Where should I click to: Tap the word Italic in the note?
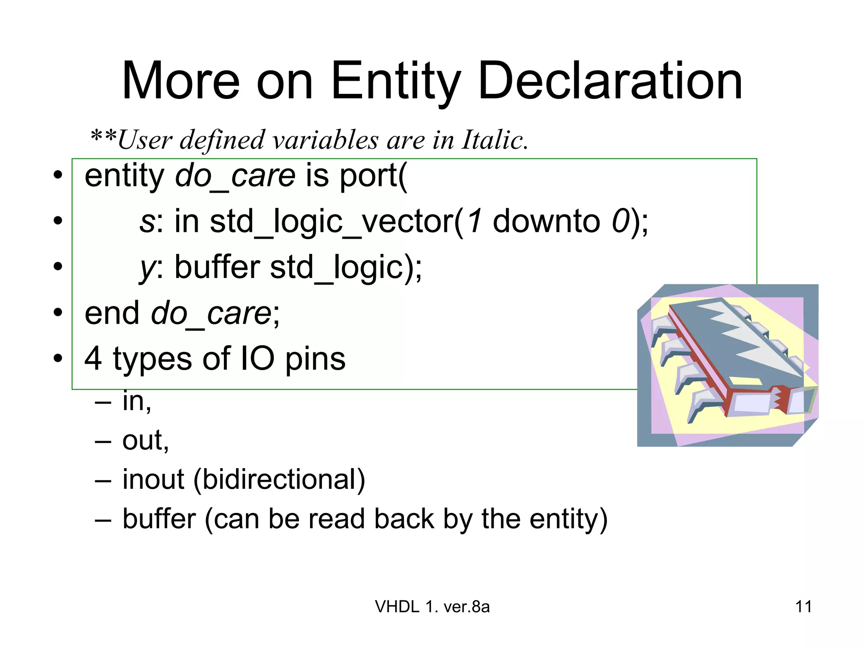(494, 139)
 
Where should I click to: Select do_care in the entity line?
(235, 176)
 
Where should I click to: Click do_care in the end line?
(211, 313)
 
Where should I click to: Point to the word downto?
(546, 221)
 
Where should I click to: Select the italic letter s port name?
(147, 222)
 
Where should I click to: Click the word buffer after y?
(217, 267)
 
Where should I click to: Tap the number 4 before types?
(93, 359)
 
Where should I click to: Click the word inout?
(153, 480)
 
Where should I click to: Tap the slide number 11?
(803, 607)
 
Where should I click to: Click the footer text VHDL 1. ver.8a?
(432, 607)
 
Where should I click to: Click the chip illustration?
(727, 365)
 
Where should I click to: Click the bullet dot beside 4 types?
(58, 358)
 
